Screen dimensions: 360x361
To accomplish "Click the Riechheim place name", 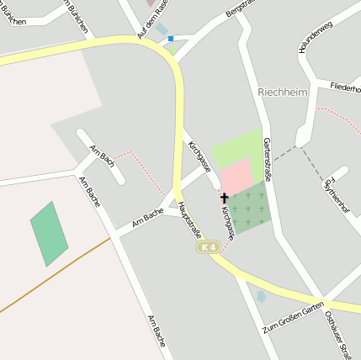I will (x=284, y=91).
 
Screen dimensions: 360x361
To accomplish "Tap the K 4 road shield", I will (x=208, y=247).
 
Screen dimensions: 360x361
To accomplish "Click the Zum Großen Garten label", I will (x=293, y=315).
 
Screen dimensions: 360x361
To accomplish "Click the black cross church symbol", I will (x=224, y=198).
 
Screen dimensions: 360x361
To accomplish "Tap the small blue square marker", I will (x=171, y=38).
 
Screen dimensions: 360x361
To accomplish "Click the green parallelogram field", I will (x=50, y=233).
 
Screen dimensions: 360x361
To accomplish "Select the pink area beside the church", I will (x=236, y=175).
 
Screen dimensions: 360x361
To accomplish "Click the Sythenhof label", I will (x=335, y=192).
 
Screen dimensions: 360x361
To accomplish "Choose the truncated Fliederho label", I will (x=345, y=87).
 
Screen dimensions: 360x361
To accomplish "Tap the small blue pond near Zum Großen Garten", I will (x=261, y=296).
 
